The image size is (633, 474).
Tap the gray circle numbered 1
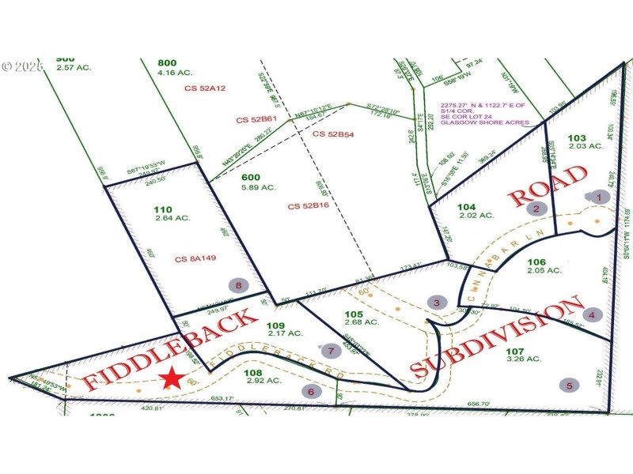tap(599, 197)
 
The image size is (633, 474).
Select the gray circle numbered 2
tap(536, 209)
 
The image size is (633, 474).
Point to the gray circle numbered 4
tap(593, 314)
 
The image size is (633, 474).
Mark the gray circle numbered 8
tap(237, 285)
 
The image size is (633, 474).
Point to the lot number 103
tap(578, 137)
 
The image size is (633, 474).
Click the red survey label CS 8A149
tap(195, 258)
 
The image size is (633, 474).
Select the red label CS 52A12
tap(205, 88)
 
